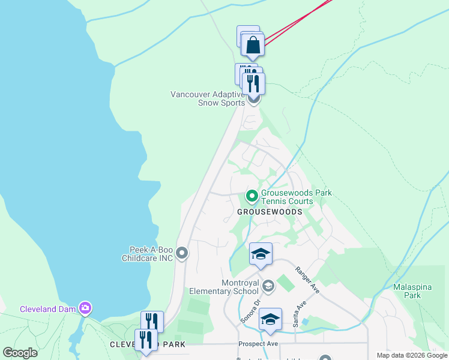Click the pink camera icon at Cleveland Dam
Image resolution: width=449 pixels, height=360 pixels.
pos(85,308)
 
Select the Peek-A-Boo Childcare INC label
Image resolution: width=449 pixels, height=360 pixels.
pos(151,254)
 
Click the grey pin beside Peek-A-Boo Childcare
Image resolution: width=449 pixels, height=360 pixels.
pos(183,254)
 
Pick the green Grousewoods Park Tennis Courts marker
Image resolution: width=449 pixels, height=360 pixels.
pos(252,196)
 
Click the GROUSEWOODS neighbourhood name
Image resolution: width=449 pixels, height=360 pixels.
pos(269,212)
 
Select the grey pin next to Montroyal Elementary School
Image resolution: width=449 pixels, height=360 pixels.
pos(268,286)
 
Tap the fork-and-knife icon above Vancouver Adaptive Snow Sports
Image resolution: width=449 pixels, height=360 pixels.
pos(253,82)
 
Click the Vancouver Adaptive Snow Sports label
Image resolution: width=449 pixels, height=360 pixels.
pos(208,98)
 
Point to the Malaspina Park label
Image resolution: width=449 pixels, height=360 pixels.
pos(412,291)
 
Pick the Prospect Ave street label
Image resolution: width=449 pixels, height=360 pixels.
pos(258,344)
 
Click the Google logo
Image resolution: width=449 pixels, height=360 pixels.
pos(20,353)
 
